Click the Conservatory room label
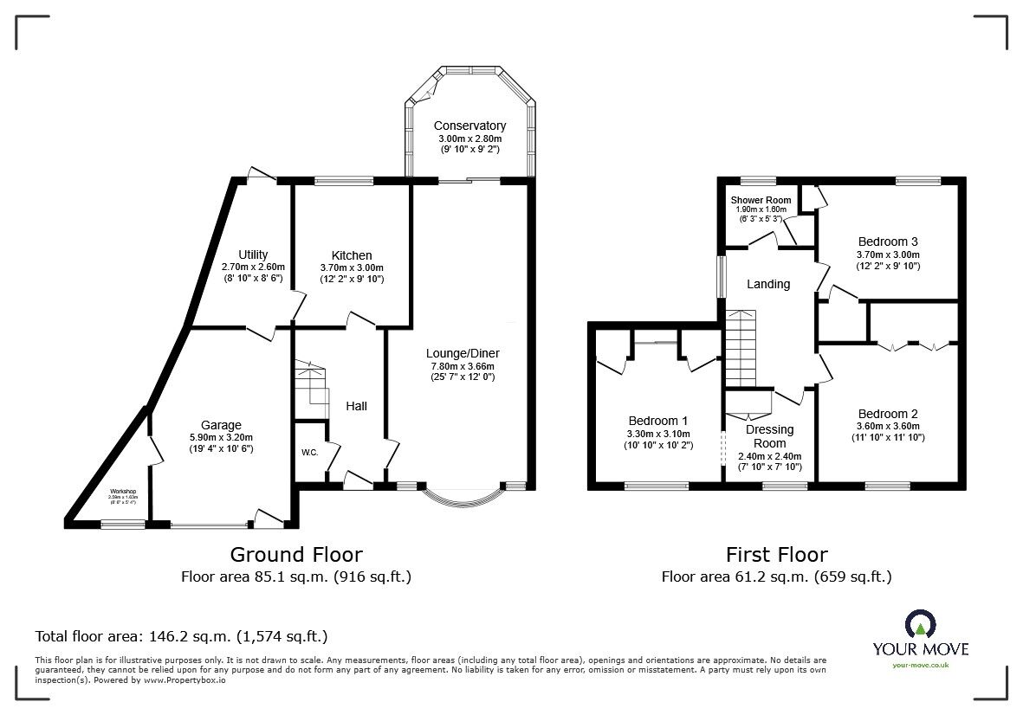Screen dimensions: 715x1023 click(x=469, y=126)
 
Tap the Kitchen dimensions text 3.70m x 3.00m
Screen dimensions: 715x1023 click(x=351, y=267)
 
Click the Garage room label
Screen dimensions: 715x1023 click(x=221, y=425)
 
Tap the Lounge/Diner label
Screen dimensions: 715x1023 click(x=463, y=353)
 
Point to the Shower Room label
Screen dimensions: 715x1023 click(x=761, y=200)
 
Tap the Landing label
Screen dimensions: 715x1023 click(x=768, y=284)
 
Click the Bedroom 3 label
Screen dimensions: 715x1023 click(x=888, y=242)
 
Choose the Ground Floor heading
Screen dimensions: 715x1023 click(x=295, y=554)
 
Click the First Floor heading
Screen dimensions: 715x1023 click(x=776, y=554)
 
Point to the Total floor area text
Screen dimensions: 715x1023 click(x=181, y=636)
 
